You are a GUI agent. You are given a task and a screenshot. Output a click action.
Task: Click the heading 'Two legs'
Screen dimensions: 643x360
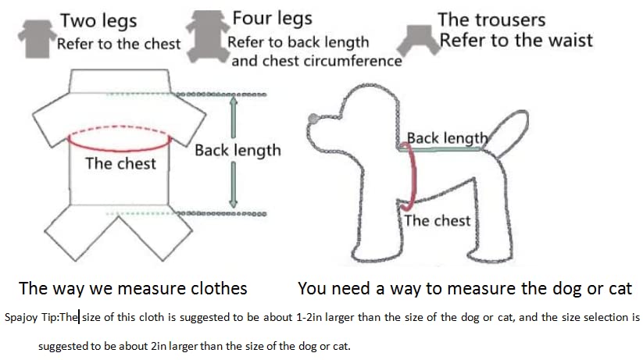98,21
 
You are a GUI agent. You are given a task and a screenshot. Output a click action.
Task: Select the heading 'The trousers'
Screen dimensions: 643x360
491,20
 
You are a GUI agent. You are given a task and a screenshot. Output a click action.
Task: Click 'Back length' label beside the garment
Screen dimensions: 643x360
237,150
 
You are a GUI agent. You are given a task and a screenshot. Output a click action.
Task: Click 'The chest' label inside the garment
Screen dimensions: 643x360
120,164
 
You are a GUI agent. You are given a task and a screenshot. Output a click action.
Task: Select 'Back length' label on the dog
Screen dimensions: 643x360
447,138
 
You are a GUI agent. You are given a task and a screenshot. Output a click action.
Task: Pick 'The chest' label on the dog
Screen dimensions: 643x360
437,220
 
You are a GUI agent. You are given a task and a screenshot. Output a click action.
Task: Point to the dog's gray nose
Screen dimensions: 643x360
313,119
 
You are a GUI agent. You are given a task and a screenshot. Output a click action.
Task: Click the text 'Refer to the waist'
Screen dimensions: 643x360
516,40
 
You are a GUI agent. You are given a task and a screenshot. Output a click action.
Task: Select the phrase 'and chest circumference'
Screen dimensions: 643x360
316,60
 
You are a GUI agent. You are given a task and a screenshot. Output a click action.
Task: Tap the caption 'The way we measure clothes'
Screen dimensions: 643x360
133,288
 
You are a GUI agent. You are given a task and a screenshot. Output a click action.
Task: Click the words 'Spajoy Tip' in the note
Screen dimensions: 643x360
30,318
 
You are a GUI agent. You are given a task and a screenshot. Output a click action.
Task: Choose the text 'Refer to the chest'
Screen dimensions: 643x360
117,44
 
